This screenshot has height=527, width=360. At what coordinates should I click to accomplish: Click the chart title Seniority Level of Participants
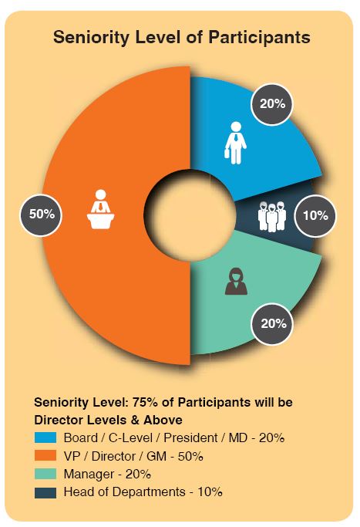(x=181, y=37)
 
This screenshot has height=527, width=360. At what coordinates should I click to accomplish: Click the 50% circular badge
(x=42, y=215)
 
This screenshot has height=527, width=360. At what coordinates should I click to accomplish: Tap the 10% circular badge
(x=315, y=215)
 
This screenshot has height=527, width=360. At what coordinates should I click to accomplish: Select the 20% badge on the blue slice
(x=272, y=104)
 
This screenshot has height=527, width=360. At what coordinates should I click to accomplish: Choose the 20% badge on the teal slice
(x=272, y=324)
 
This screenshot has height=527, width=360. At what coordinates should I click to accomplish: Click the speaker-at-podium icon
(x=100, y=209)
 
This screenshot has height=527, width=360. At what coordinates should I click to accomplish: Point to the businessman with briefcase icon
(x=235, y=143)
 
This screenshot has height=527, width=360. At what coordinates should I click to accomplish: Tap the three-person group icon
(x=272, y=217)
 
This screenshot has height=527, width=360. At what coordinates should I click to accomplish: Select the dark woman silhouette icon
(x=237, y=282)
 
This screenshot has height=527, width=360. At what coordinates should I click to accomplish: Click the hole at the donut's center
(x=190, y=215)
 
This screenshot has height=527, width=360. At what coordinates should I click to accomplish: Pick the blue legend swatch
(x=45, y=437)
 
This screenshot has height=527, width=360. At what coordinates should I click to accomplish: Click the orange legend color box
(x=45, y=456)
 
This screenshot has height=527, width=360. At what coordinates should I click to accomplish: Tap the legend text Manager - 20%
(x=107, y=475)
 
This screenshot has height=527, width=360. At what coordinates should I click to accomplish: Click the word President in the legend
(x=190, y=438)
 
